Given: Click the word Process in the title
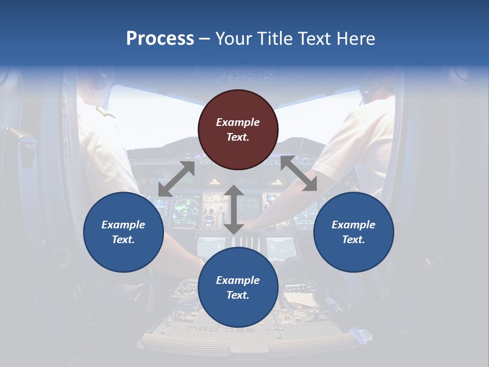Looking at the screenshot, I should (160, 39).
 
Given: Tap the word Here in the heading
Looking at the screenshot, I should (355, 39).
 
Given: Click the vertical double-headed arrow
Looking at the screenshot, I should (234, 209).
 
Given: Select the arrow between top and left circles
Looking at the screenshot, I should (176, 179).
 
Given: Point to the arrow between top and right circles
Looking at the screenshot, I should (298, 173).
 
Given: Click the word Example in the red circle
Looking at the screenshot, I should (238, 122).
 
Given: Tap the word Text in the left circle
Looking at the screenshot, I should (123, 240).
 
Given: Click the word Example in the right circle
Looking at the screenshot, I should (354, 225).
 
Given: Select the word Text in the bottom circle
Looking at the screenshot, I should (238, 295).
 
